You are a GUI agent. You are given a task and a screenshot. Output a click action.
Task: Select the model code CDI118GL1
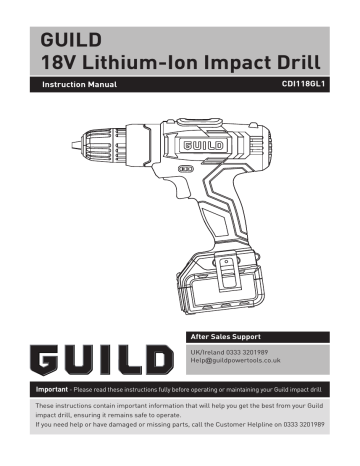tap(304, 85)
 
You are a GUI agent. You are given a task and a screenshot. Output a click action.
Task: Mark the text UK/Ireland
tap(209, 354)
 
